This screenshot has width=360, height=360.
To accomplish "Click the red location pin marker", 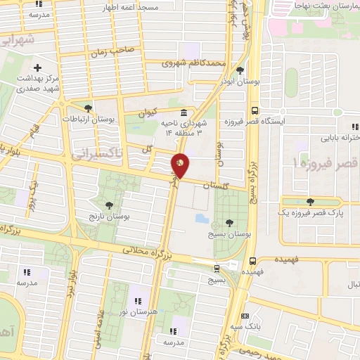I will [x=181, y=165].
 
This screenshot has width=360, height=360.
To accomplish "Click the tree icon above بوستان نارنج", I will [x=109, y=205].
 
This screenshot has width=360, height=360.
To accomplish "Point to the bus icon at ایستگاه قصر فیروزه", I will [x=254, y=110].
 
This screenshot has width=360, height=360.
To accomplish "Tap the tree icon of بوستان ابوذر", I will [x=240, y=70].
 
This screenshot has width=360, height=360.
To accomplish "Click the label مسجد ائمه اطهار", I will [x=151, y=7].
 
